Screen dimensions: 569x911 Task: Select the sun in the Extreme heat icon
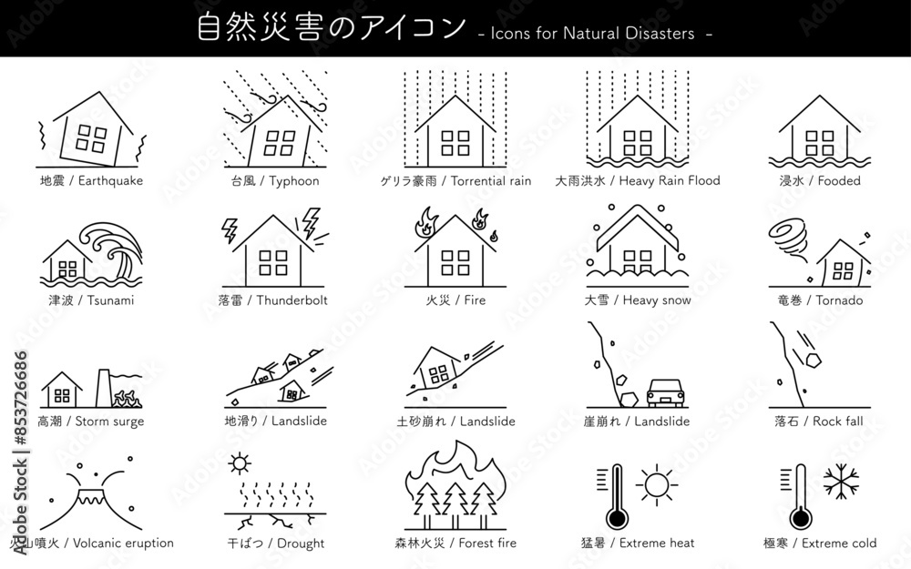(x=655, y=483)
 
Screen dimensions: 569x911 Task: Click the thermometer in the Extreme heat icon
(x=617, y=496)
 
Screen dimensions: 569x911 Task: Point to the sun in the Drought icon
(x=240, y=463)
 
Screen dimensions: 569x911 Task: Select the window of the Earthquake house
(x=91, y=138)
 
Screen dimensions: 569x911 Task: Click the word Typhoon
(x=295, y=180)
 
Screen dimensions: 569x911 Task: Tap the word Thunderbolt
(x=292, y=300)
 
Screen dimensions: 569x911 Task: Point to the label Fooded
(x=839, y=180)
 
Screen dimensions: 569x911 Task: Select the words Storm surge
(x=109, y=422)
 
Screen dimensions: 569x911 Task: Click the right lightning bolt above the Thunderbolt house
(x=311, y=223)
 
